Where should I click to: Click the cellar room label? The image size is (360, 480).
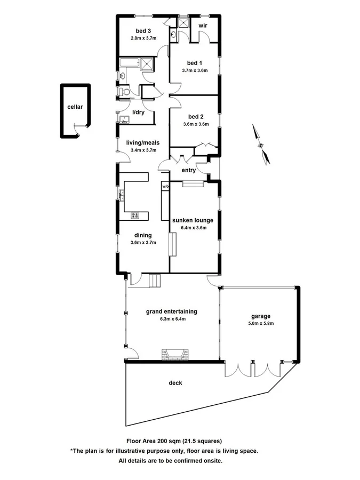click(75, 107)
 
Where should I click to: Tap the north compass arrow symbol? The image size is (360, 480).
click(260, 145)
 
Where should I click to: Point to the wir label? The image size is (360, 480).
click(203, 26)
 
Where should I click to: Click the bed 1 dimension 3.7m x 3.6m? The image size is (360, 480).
click(194, 70)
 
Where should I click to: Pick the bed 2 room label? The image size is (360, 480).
click(196, 116)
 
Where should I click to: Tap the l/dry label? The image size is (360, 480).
click(139, 112)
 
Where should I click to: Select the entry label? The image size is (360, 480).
click(189, 170)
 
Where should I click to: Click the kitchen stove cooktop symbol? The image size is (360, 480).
click(135, 215)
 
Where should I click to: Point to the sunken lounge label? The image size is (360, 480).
click(193, 220)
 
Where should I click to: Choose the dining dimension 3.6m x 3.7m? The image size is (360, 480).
click(142, 242)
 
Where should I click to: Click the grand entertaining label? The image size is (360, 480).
click(171, 311)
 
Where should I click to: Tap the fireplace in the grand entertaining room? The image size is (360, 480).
click(174, 355)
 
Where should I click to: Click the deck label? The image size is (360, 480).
click(175, 382)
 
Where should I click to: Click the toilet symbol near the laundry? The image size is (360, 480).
click(125, 92)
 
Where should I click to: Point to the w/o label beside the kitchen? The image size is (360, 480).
click(165, 187)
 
